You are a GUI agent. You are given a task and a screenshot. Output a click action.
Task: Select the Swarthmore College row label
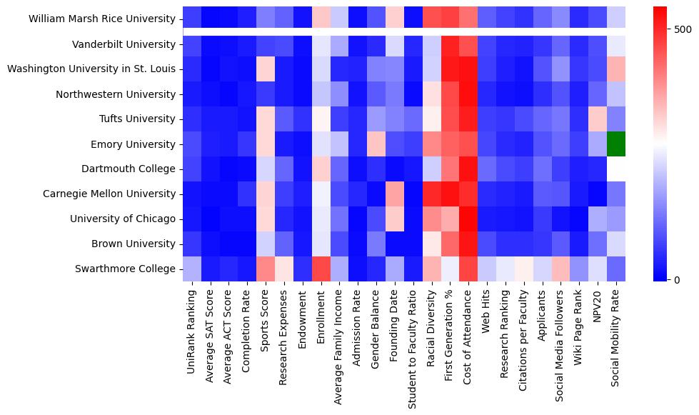[x=125, y=269]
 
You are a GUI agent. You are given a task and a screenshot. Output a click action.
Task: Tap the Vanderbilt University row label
[x=124, y=44]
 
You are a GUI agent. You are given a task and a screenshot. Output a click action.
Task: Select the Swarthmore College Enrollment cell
[x=321, y=269]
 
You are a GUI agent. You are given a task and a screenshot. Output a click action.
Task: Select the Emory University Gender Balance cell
[x=376, y=144]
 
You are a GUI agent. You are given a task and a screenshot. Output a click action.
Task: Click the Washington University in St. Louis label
[x=91, y=69]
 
